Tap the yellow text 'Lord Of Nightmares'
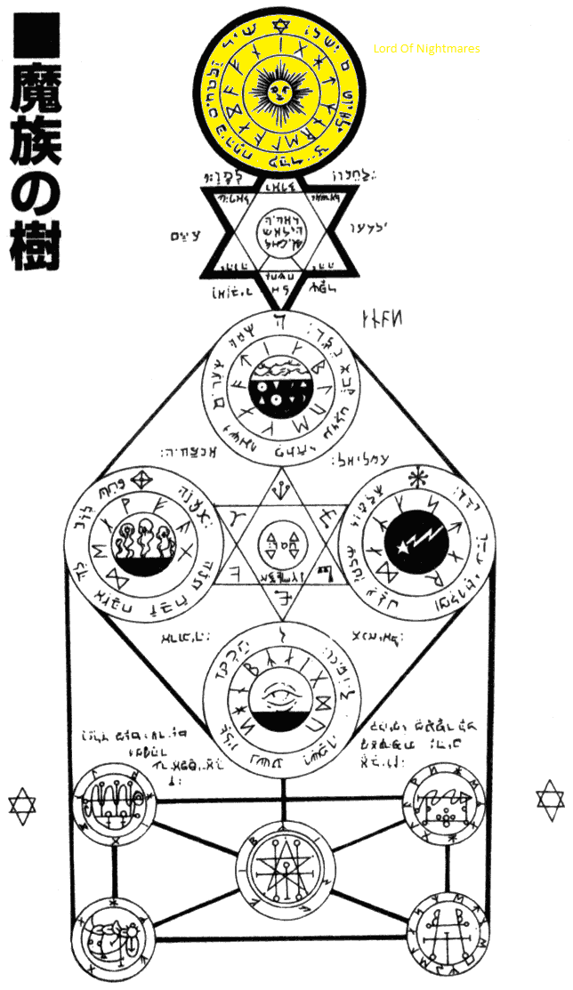click(x=426, y=48)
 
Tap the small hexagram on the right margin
click(x=551, y=797)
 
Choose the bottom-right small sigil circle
click(x=449, y=933)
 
